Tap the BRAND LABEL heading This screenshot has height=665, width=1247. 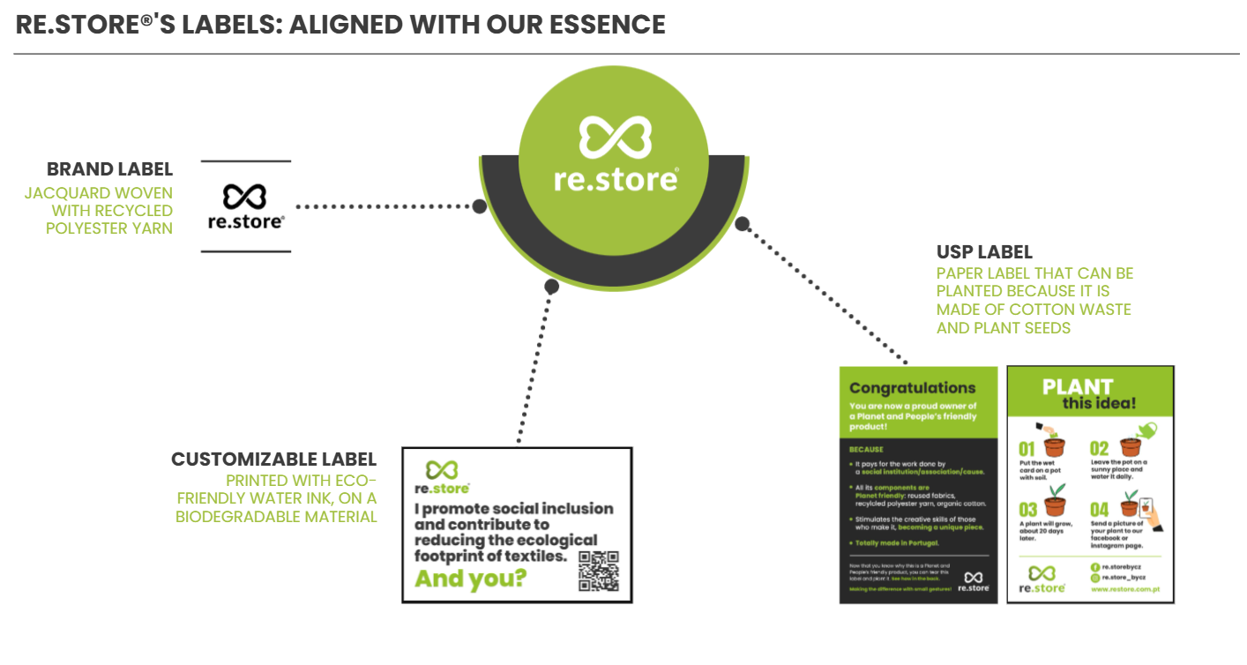click(x=109, y=169)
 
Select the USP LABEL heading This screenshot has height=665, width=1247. click(x=984, y=252)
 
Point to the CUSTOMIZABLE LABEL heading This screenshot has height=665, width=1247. click(x=273, y=460)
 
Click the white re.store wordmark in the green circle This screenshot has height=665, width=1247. click(x=616, y=178)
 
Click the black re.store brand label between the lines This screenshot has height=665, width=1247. click(x=245, y=206)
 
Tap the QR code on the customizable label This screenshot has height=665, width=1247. click(x=599, y=571)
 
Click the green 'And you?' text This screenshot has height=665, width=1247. click(x=471, y=579)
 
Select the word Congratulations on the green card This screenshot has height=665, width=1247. click(x=912, y=388)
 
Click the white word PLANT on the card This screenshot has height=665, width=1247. click(x=1077, y=387)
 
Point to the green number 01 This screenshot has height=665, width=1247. click(x=1027, y=448)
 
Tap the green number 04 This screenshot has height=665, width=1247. click(x=1099, y=510)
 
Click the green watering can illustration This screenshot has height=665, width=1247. click(x=1146, y=430)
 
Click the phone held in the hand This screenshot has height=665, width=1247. click(x=1146, y=506)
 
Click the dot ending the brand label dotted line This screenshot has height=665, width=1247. click(x=479, y=206)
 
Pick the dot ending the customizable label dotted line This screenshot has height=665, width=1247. click(x=552, y=286)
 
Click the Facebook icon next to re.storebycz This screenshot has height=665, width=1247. click(x=1094, y=566)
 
